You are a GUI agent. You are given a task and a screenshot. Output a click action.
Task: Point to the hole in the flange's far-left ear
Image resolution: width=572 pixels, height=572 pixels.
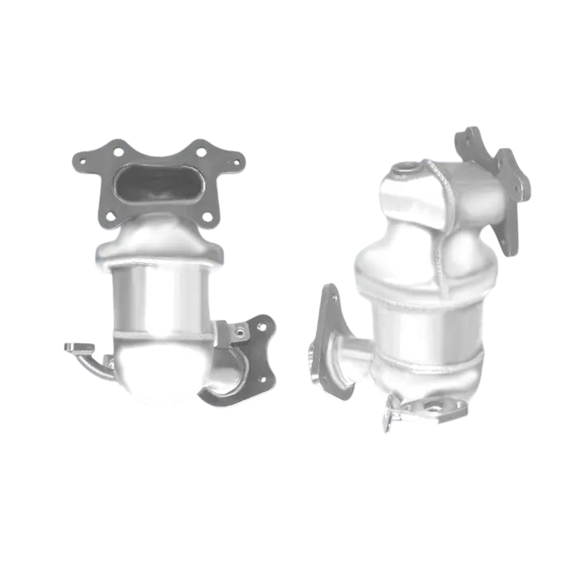pyautogui.click(x=82, y=159)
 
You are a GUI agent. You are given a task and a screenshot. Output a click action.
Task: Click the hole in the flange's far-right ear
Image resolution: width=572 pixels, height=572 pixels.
pyautogui.click(x=235, y=162)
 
